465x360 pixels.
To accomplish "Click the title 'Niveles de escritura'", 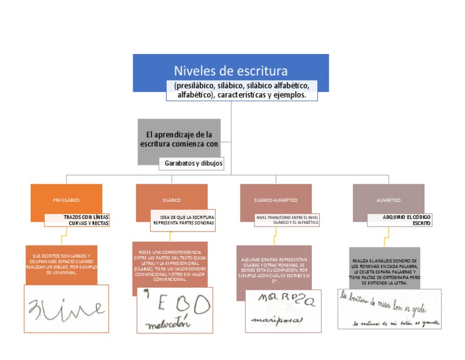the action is (231, 70).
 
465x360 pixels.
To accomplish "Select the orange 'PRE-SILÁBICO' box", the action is (66, 199).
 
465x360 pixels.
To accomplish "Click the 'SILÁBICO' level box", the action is (171, 199).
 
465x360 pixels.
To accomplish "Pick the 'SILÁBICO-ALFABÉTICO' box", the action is (275, 199).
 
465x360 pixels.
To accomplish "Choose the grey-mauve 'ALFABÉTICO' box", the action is (388, 199).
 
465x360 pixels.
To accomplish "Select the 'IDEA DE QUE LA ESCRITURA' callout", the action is (183, 220).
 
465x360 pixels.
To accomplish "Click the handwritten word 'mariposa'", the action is (276, 319).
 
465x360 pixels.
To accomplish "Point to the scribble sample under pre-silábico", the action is (66, 308).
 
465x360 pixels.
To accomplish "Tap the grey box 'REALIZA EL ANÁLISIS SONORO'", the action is (384, 270).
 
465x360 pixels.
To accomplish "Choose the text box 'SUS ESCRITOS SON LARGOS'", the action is (61, 265).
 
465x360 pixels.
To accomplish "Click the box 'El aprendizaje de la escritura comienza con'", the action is (179, 139).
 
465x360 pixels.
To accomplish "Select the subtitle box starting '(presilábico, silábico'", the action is (242, 90).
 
